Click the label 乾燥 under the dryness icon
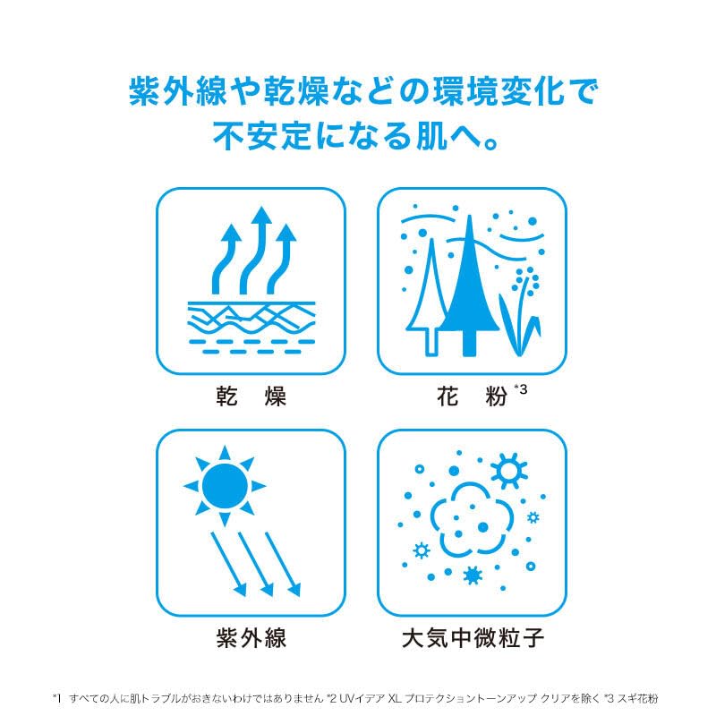[x=251, y=396]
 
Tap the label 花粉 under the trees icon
[x=472, y=396]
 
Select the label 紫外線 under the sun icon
[x=251, y=637]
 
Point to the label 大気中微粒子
[x=473, y=637]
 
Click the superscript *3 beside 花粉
[x=521, y=389]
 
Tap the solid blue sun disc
[x=225, y=486]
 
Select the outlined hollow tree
[x=430, y=297]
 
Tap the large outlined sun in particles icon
[x=508, y=471]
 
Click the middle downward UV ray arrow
[x=256, y=565]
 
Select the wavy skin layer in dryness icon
[x=251, y=319]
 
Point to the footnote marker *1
[x=56, y=698]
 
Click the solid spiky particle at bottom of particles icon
[x=473, y=575]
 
